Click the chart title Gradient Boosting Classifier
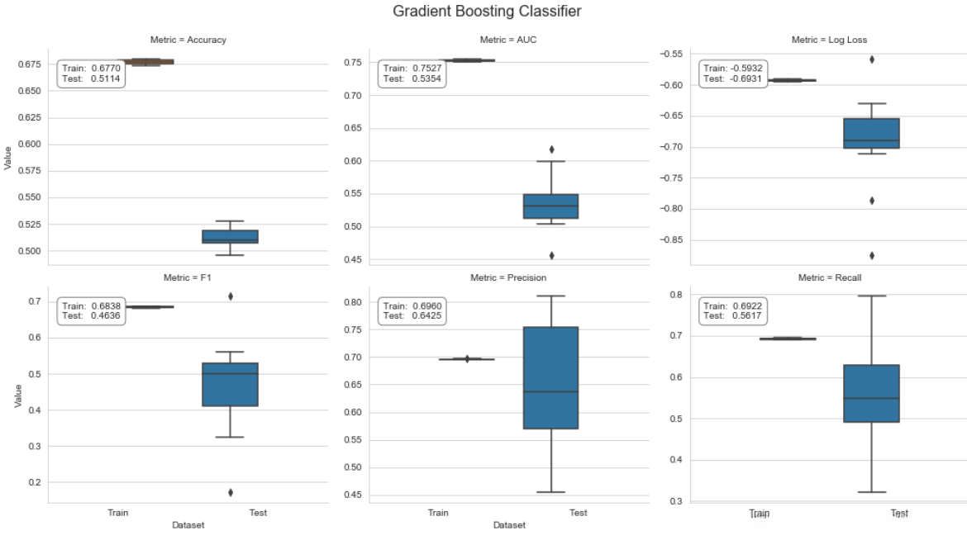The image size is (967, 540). [487, 12]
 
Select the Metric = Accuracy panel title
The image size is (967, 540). [188, 40]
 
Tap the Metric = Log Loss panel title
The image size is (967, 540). [829, 40]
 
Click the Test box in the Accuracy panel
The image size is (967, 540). [230, 237]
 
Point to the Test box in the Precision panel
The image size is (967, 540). [550, 377]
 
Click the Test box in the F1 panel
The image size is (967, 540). [230, 384]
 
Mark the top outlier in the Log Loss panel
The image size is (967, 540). [871, 59]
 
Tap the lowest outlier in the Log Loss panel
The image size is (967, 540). [871, 255]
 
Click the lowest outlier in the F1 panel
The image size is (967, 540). [230, 492]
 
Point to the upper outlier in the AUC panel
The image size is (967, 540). [550, 149]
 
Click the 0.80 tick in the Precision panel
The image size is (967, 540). [350, 302]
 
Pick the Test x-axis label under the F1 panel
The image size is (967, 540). [257, 513]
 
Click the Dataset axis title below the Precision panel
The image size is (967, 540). [508, 525]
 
